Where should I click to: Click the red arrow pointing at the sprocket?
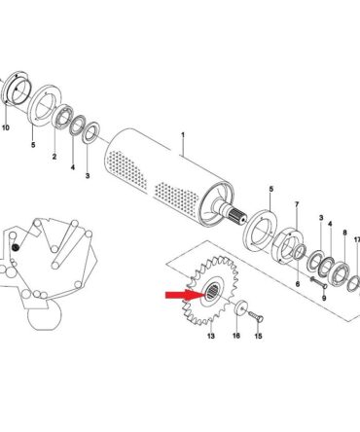point(186,295)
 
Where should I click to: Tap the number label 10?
point(6,127)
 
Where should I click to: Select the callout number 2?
point(54,157)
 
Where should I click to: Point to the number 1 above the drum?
point(183,135)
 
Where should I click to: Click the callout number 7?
point(297,204)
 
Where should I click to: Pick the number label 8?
point(344,233)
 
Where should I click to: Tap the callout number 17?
point(357,240)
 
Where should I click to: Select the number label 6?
point(298,284)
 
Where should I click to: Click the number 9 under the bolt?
point(324,298)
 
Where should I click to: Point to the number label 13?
point(211,336)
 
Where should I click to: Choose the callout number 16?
point(236,336)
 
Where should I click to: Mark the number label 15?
point(258,336)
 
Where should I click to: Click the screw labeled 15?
point(256,316)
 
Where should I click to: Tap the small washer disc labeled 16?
point(240,308)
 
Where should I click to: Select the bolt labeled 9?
point(318,282)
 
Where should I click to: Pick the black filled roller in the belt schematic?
point(15,248)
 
